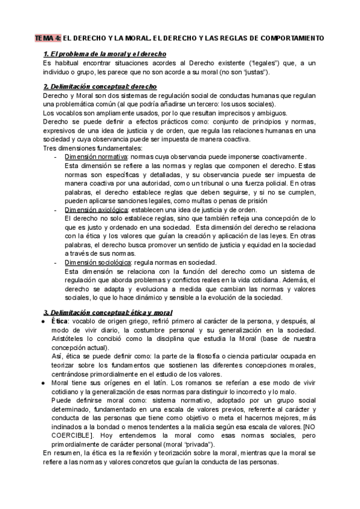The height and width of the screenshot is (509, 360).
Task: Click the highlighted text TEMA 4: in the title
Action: point(46,38)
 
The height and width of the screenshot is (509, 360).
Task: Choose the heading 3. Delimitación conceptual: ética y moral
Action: point(107,313)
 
